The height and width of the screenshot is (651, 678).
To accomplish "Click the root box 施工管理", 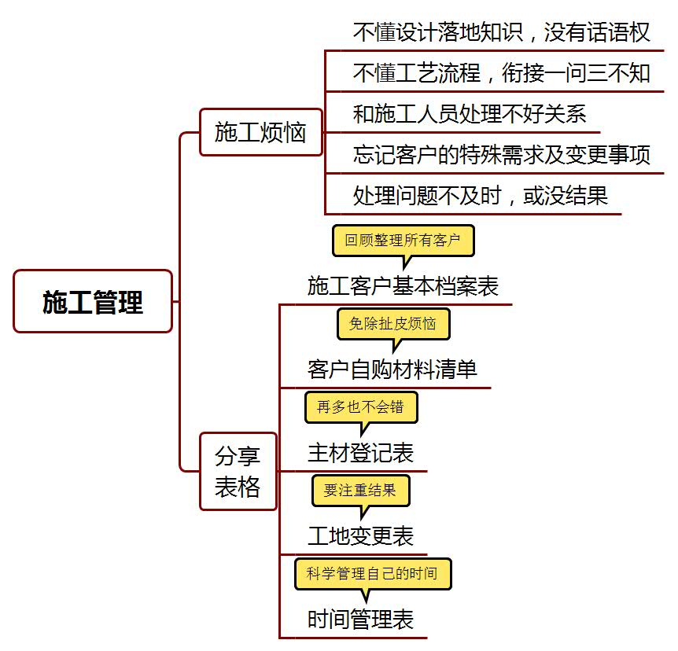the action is [x=93, y=301].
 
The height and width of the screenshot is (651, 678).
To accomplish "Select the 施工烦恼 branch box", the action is [x=260, y=132].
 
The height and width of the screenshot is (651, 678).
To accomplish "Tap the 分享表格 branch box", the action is [x=238, y=471].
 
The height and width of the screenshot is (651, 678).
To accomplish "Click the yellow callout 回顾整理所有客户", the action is [x=403, y=241].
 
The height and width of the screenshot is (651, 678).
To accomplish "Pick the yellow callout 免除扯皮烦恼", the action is [x=393, y=324].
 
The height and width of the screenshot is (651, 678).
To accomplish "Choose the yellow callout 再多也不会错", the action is [x=361, y=407].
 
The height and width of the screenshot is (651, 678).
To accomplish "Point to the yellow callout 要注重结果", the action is [x=360, y=491].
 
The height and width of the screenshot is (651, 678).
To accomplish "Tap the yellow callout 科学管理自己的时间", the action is [x=373, y=574].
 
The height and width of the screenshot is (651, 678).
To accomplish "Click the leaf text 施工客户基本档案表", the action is [x=403, y=286].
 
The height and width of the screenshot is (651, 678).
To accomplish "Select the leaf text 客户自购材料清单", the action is [x=392, y=370].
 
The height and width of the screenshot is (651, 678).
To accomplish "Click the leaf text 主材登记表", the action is [x=360, y=453].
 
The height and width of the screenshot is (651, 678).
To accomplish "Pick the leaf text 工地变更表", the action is [x=360, y=536].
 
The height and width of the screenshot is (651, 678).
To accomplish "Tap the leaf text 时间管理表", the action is [x=360, y=620].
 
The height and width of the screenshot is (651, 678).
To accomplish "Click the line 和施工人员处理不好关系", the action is [x=470, y=114].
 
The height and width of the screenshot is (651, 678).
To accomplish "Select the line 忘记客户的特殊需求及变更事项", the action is [x=502, y=155].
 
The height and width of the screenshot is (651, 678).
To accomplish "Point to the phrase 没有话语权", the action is [x=597, y=32].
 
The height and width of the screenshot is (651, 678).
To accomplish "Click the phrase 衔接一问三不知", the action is [x=576, y=73].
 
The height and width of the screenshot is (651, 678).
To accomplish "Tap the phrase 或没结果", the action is [x=566, y=196].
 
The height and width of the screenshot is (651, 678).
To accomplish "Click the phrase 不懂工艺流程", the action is [x=417, y=73].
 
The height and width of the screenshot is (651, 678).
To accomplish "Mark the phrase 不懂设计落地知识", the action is [x=438, y=32].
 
